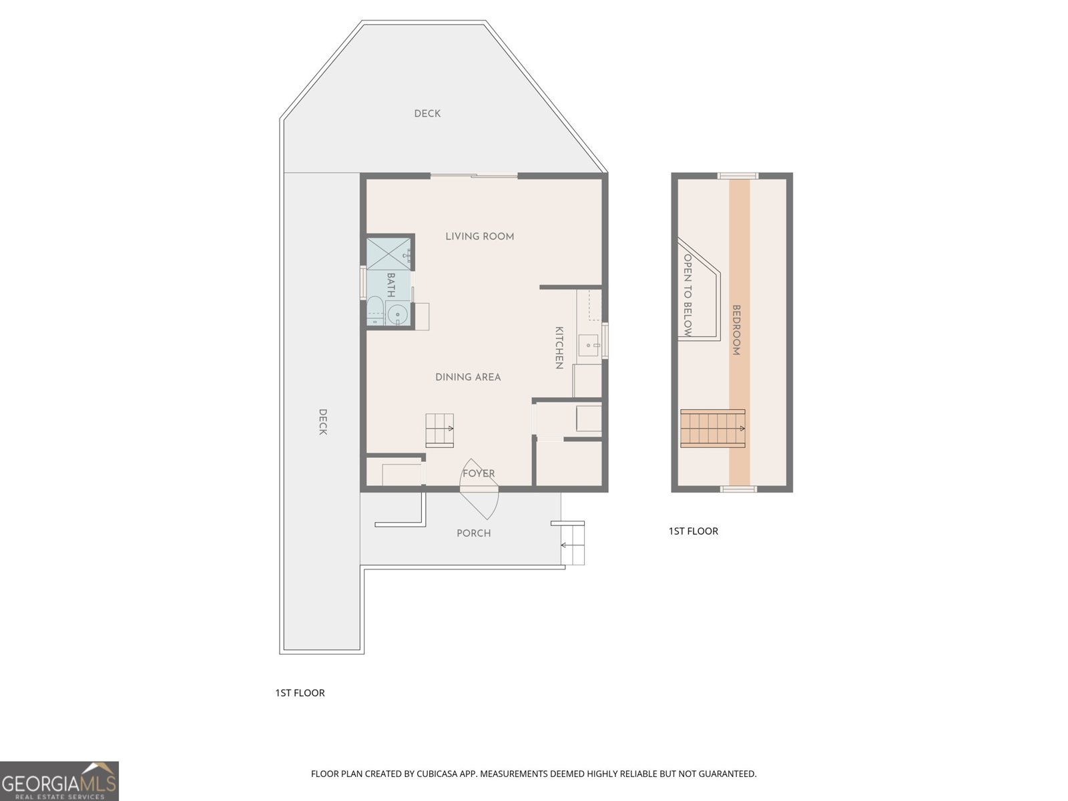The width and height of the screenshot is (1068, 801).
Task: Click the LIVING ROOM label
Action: pyautogui.click(x=479, y=236)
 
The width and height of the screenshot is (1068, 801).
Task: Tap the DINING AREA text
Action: pyautogui.click(x=468, y=377)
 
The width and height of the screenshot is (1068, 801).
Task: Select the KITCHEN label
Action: pyautogui.click(x=559, y=348)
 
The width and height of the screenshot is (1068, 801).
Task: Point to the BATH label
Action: pyautogui.click(x=390, y=285)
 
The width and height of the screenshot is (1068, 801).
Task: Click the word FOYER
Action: pyautogui.click(x=479, y=473)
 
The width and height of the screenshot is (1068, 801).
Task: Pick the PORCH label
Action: pyautogui.click(x=473, y=533)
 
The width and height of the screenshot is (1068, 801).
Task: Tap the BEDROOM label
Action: pyautogui.click(x=737, y=330)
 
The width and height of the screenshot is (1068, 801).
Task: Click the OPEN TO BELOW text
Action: pyautogui.click(x=688, y=294)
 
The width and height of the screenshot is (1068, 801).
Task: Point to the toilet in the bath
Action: pyautogui.click(x=374, y=312)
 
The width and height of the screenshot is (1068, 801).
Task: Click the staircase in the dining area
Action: pyautogui.click(x=440, y=429)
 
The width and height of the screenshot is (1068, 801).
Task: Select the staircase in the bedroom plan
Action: pyautogui.click(x=712, y=429)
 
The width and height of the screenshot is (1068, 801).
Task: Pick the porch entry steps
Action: pyautogui.click(x=573, y=544)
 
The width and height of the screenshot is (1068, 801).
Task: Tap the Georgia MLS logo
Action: pyautogui.click(x=59, y=781)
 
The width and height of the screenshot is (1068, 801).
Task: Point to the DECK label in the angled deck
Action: pyautogui.click(x=427, y=113)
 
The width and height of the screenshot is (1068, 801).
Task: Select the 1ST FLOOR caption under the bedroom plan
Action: pyautogui.click(x=693, y=531)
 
